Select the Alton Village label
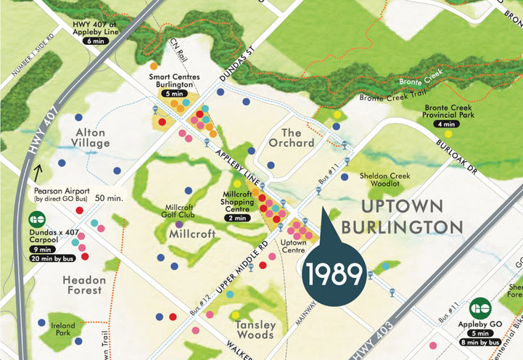tap(90, 138)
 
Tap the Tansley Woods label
tap(253, 330)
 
